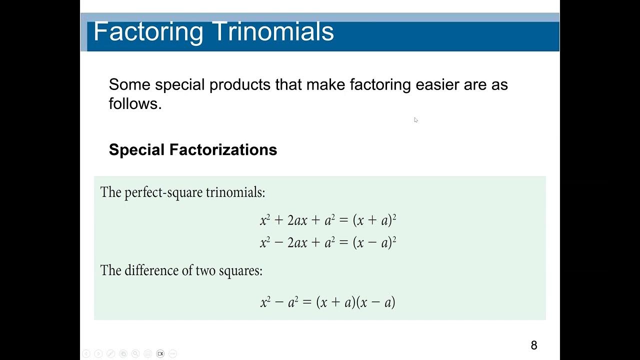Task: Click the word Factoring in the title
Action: (148, 31)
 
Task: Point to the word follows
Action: (135, 103)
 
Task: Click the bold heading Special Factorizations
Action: (192, 149)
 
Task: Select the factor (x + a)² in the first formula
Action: (374, 220)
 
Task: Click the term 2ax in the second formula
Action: (297, 243)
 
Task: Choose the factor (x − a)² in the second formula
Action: (374, 243)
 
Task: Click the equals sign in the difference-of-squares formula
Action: (307, 302)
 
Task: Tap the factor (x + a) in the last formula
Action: (335, 302)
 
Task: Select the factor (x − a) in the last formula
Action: (375, 302)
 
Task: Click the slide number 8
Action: (534, 345)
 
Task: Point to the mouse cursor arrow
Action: (415, 119)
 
